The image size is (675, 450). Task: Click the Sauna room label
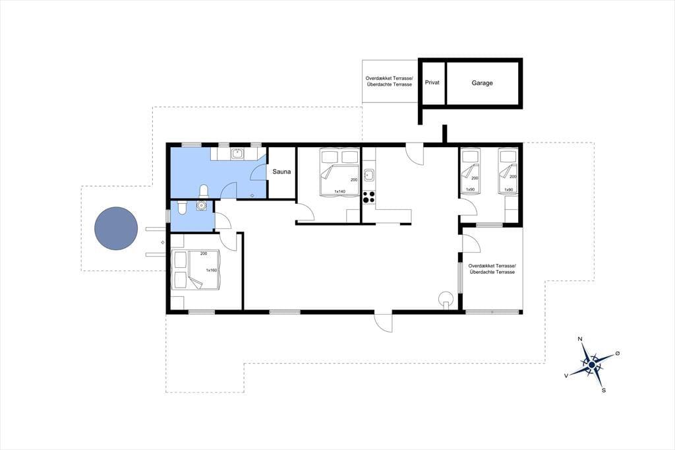281,172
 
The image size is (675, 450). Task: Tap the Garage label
482,82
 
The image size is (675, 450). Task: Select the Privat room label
432,82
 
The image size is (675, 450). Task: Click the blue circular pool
116,228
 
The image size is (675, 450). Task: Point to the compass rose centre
592,365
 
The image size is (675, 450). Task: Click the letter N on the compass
580,339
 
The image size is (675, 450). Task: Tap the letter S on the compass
604,391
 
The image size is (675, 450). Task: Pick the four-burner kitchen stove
368,197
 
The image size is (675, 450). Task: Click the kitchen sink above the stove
368,176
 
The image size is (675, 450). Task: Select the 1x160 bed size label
211,271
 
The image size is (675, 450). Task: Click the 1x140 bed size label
339,191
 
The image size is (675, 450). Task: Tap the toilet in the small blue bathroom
181,208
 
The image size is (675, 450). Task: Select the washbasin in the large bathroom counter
237,154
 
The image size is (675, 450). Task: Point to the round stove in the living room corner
446,298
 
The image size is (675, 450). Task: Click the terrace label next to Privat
389,81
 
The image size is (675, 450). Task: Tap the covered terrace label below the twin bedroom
492,269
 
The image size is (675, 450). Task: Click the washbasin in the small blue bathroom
201,206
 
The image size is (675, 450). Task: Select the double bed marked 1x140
339,172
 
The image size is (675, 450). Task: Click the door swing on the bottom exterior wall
383,322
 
